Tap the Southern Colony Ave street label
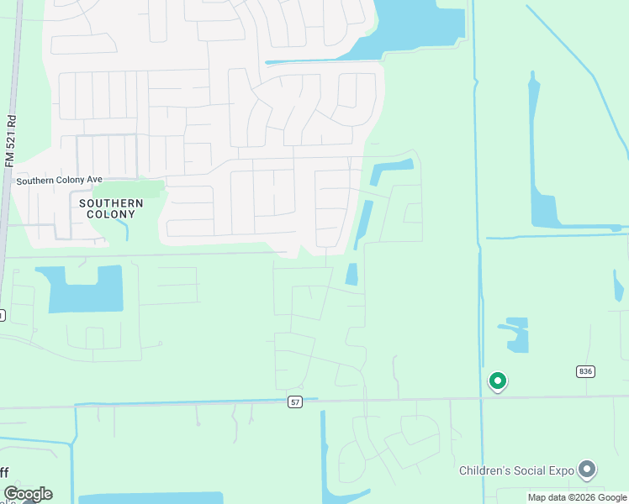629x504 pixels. [59, 180]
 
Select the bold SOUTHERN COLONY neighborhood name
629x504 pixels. [111, 208]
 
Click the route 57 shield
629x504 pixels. [294, 402]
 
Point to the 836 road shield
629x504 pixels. [585, 371]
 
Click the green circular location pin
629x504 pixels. [498, 382]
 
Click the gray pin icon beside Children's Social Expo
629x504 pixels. [587, 469]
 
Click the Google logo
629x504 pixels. [28, 494]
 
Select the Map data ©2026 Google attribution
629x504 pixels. [576, 497]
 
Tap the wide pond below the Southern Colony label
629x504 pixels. [85, 288]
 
